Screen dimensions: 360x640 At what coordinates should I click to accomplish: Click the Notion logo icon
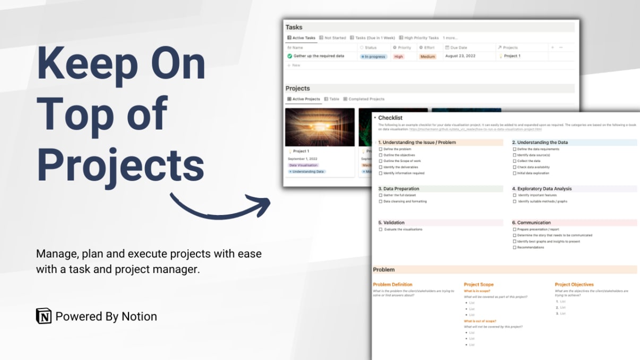click(x=44, y=316)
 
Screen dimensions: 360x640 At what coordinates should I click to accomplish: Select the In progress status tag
click(x=373, y=56)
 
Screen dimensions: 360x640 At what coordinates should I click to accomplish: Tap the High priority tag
click(x=398, y=56)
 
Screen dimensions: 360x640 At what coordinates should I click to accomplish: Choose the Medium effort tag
click(x=428, y=56)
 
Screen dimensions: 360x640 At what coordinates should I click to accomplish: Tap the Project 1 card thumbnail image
click(x=320, y=127)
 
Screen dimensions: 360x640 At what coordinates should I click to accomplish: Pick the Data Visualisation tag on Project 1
click(x=303, y=165)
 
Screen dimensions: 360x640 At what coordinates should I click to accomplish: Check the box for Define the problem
click(x=380, y=149)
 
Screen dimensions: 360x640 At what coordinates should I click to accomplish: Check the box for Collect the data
click(x=514, y=161)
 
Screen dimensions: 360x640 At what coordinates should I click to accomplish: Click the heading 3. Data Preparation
click(x=399, y=188)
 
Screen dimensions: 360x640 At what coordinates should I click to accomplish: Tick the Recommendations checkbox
click(x=514, y=247)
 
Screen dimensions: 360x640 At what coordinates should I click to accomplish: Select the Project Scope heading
click(x=479, y=285)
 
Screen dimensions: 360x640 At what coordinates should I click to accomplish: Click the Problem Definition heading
click(x=392, y=285)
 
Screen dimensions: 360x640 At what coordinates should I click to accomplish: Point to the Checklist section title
click(x=390, y=118)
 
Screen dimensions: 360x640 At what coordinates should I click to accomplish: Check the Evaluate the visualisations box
click(x=380, y=229)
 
